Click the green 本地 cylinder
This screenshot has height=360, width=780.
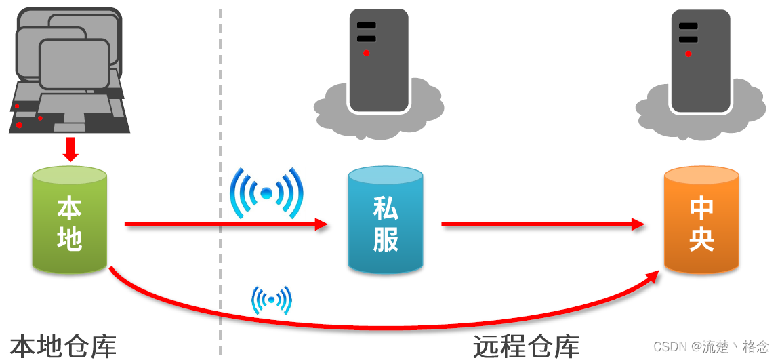(69, 220)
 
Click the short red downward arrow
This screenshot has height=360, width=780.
(70, 148)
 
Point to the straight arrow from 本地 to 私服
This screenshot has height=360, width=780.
(224, 224)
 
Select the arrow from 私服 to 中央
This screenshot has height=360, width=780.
(542, 224)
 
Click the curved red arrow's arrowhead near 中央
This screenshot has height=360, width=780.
(652, 274)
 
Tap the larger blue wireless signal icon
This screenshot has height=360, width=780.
(266, 194)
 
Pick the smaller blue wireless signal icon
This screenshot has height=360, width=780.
(272, 300)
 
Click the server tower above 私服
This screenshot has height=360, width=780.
(379, 60)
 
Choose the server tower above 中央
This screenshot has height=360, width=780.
(701, 60)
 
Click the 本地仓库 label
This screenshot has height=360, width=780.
(63, 346)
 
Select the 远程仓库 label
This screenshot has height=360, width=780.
(527, 346)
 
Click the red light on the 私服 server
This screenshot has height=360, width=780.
(367, 54)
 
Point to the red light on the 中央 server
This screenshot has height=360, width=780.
(689, 54)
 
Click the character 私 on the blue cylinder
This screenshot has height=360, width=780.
(386, 208)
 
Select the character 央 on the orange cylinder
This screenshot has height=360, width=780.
(701, 239)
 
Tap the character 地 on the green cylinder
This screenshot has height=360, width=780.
(69, 238)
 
